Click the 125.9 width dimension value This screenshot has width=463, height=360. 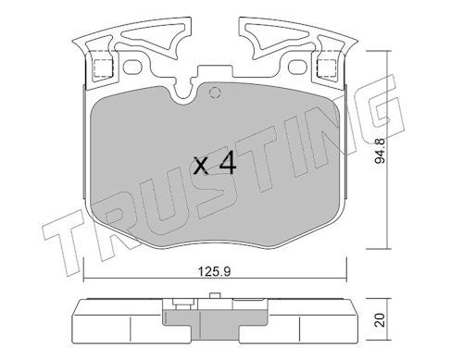[214, 271]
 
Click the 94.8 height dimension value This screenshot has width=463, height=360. [381, 151]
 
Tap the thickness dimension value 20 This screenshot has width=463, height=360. [381, 320]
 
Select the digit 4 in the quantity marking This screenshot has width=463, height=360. [227, 165]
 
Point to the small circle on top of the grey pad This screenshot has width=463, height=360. [214, 92]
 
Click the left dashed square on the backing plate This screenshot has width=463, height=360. [103, 68]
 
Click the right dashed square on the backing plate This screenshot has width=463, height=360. [327, 68]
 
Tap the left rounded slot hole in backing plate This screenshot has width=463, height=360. [132, 67]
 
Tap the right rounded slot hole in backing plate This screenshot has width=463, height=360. [297, 67]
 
